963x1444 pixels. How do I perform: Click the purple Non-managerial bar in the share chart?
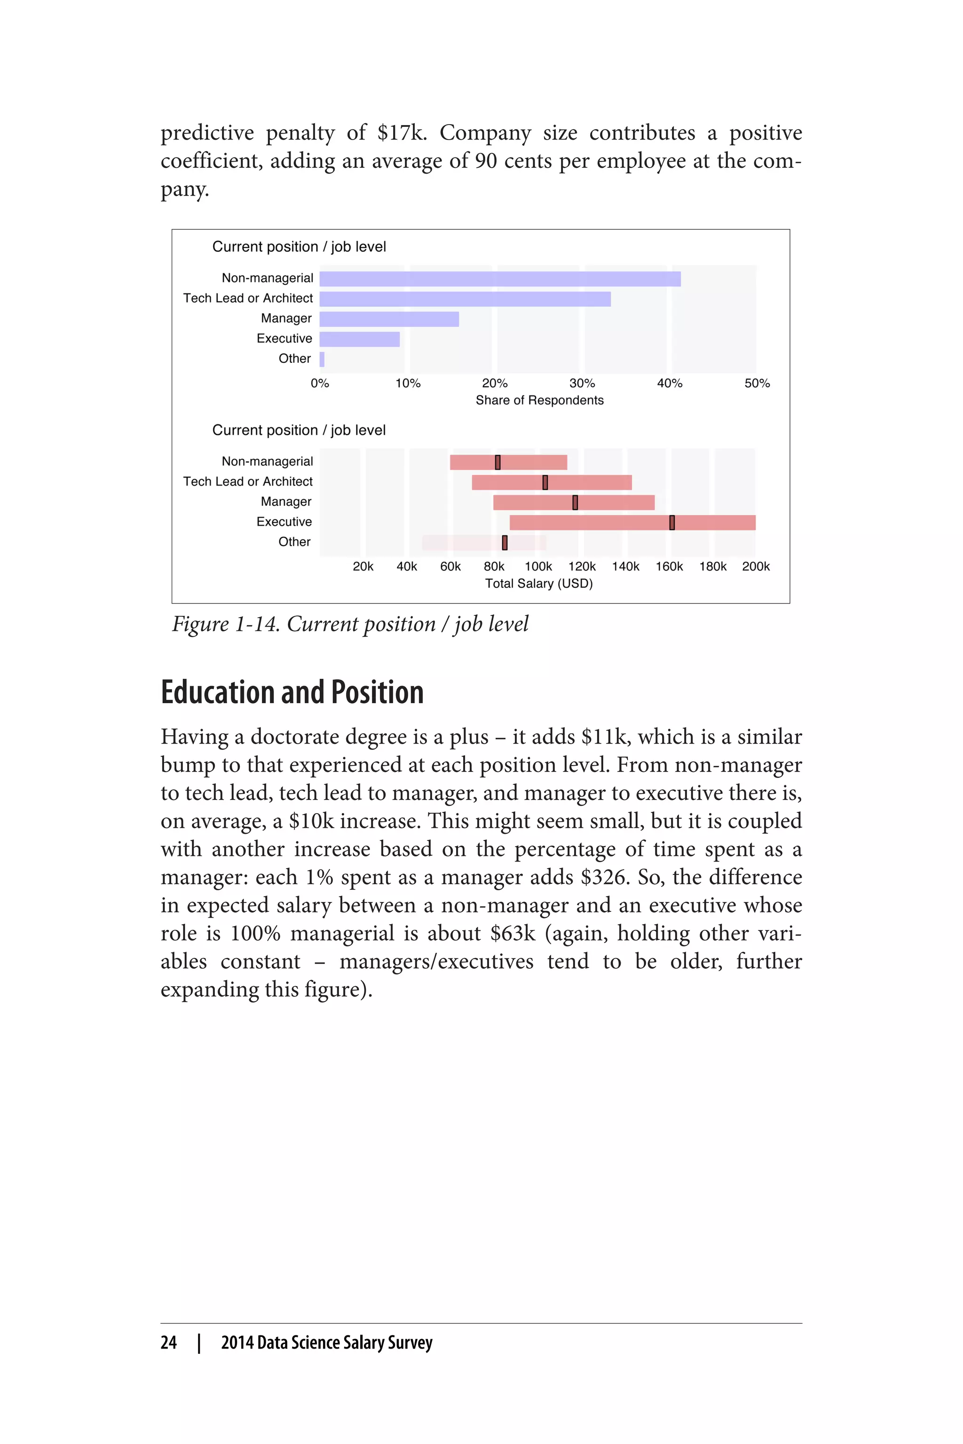(x=500, y=279)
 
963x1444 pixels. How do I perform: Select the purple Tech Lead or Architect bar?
(x=465, y=299)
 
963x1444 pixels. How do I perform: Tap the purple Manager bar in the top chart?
(x=389, y=319)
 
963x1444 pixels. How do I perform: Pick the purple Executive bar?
(x=359, y=339)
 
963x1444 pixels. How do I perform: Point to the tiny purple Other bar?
(x=322, y=359)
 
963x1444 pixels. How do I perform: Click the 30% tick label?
(x=582, y=383)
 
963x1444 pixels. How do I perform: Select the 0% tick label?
(x=319, y=383)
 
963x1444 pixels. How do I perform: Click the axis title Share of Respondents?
(x=539, y=400)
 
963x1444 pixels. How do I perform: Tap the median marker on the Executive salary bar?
(x=672, y=523)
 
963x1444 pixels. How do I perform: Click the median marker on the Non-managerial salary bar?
(x=497, y=463)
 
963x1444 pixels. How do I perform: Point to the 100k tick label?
(x=538, y=567)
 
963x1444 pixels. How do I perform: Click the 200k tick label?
(x=756, y=567)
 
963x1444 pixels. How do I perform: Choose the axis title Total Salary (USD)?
(x=538, y=584)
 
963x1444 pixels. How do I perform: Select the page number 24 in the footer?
(x=168, y=1342)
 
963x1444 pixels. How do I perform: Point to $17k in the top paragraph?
(x=401, y=133)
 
